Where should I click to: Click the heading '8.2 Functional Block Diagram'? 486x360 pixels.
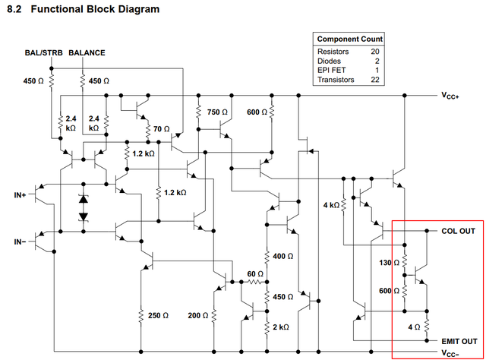[84, 10]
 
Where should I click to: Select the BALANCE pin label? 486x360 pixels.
[87, 53]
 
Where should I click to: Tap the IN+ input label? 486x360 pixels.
[21, 195]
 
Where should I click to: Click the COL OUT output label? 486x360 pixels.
[458, 230]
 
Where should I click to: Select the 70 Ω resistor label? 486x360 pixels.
[162, 128]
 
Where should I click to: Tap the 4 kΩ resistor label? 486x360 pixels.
[331, 205]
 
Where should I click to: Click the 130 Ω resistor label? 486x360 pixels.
[389, 263]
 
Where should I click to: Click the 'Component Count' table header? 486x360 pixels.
[350, 39]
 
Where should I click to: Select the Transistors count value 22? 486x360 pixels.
[374, 79]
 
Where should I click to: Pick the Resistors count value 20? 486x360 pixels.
[374, 51]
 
